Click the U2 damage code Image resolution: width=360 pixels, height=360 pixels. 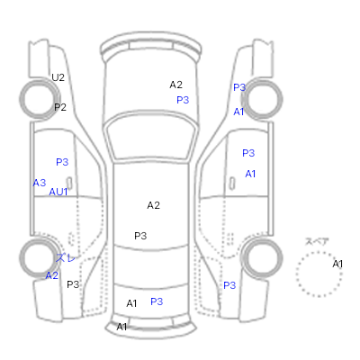tap(58, 77)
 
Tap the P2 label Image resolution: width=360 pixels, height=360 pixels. tap(60, 107)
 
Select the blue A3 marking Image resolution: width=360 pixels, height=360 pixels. tap(40, 183)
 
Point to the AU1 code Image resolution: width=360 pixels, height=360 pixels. tap(58, 192)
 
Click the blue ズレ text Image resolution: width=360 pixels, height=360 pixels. tap(65, 257)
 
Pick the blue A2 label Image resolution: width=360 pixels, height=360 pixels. tap(51, 275)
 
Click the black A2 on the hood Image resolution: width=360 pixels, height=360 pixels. tap(175, 85)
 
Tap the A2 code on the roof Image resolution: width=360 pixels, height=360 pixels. tap(153, 205)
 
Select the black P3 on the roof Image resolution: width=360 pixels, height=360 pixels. tap(140, 236)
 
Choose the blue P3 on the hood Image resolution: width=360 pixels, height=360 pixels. tap(183, 100)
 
